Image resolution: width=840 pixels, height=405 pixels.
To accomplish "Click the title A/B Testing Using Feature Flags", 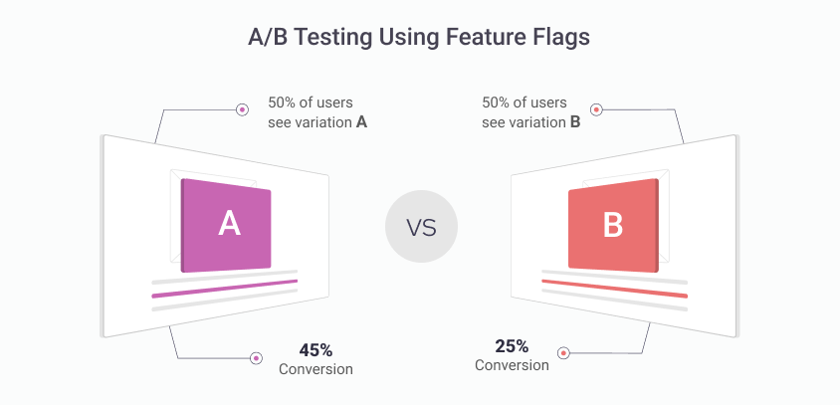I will [x=419, y=38].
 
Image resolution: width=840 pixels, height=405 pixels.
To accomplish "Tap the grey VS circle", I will [x=421, y=226].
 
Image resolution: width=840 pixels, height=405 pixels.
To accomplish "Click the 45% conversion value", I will [x=315, y=350].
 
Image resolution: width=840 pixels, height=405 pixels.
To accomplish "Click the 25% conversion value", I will [x=512, y=346].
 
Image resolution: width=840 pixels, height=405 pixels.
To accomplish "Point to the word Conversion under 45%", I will [x=315, y=369].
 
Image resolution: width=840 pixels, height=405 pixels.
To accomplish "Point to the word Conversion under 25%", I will [x=512, y=365].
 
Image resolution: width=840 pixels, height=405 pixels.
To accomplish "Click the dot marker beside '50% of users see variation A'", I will [x=241, y=109].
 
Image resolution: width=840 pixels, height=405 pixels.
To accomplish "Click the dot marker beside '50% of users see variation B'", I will [x=596, y=109].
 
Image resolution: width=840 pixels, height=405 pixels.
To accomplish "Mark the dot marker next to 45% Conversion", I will [x=256, y=357].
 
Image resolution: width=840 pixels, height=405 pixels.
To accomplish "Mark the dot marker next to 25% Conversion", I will [x=563, y=352].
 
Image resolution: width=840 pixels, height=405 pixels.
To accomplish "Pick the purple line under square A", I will [x=225, y=289].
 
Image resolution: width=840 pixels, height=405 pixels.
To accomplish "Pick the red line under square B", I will [x=614, y=289].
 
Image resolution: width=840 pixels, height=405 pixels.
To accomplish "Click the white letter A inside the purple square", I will [x=229, y=224].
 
